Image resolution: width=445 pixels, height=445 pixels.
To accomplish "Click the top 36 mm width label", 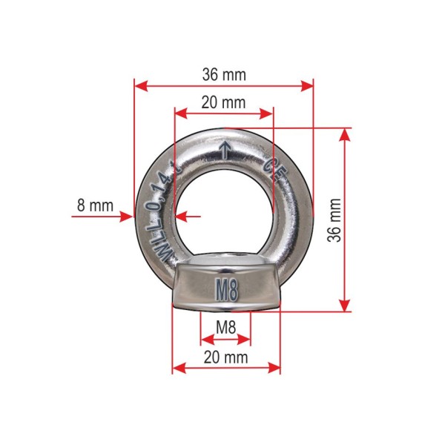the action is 224,75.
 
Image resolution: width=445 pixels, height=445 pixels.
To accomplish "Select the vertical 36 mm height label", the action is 334,220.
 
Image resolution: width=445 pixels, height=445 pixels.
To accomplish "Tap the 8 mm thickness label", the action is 95,205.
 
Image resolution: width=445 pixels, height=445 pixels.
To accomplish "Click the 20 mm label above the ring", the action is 223,102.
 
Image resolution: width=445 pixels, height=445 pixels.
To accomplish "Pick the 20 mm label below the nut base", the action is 225,357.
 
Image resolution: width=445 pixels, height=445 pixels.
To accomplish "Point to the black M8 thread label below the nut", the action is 226,327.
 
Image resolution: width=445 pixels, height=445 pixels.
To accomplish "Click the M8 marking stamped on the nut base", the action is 226,290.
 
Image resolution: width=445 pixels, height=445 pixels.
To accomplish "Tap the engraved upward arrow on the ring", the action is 225,150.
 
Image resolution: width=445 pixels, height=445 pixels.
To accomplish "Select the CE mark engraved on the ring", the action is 274,171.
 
